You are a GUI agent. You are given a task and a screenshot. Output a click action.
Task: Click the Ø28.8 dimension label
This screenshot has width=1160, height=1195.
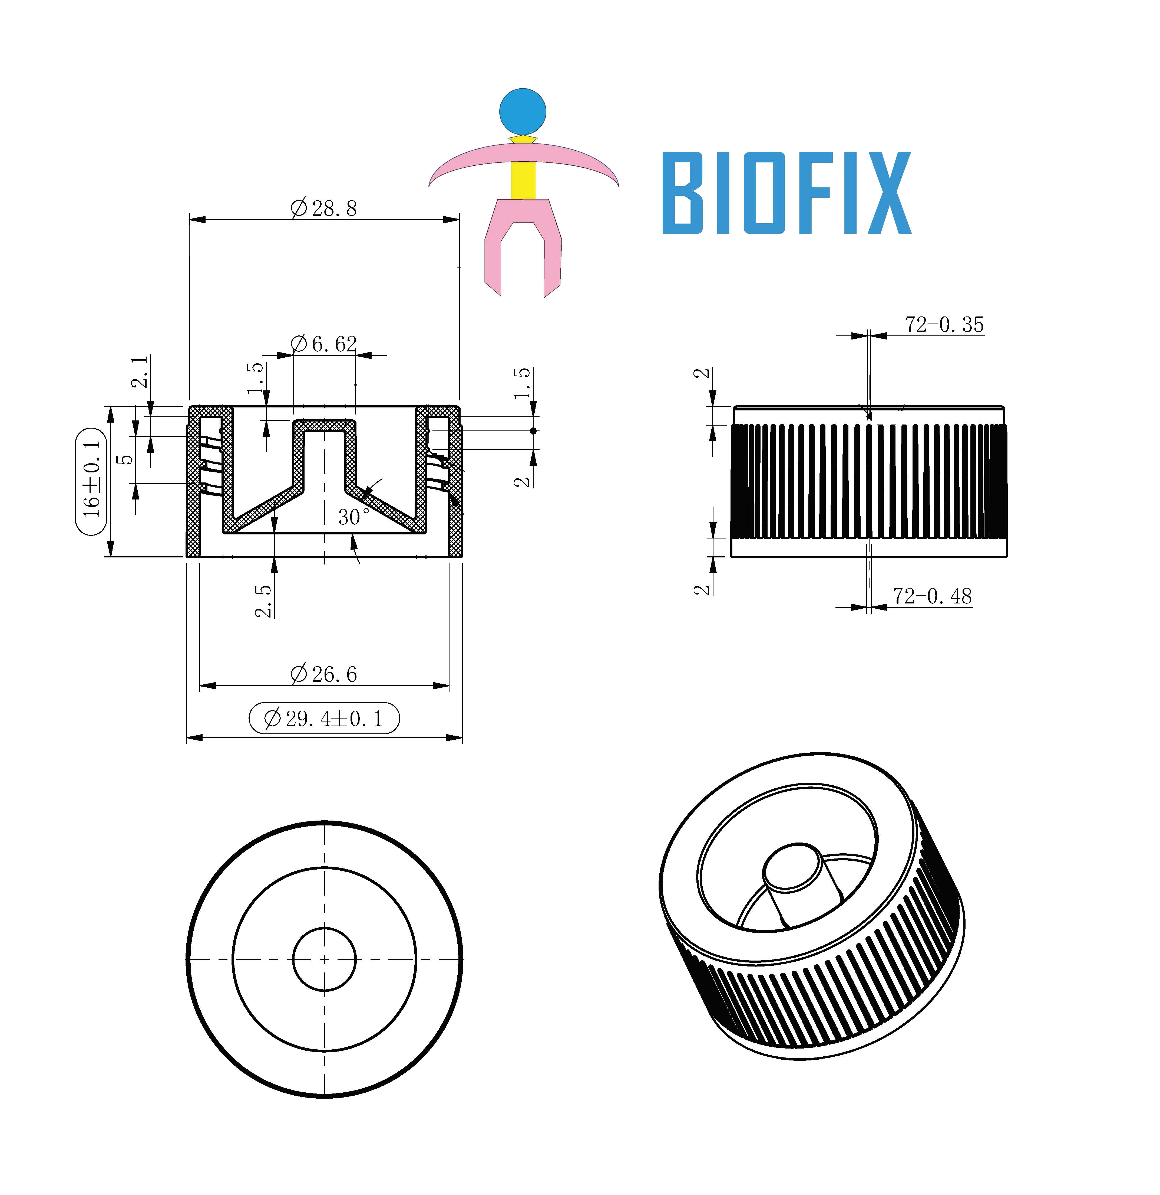323,208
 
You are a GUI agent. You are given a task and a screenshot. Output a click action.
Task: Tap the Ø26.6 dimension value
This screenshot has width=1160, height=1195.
323,674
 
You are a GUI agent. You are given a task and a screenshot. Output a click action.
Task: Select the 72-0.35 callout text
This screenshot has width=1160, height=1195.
944,324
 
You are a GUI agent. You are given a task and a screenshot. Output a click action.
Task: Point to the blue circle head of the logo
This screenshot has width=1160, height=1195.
523,112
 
